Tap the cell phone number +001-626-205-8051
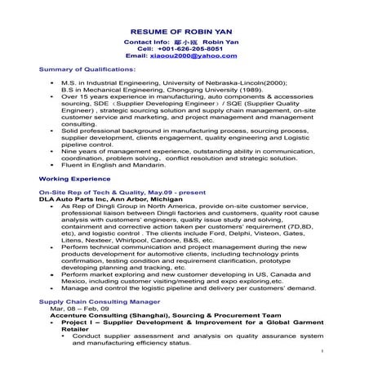(192, 47)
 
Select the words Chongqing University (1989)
(210, 90)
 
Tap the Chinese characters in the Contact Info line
(184, 40)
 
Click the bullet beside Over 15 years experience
(52, 96)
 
